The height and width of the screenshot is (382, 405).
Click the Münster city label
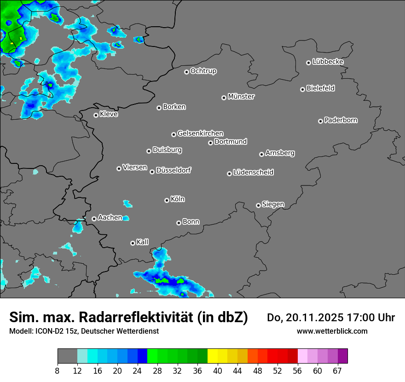point(241,97)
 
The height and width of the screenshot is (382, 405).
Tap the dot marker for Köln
point(167,200)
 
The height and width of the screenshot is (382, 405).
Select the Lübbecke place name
point(328,62)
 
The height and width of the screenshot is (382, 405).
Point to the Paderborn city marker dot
point(320,121)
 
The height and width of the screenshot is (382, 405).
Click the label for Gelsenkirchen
point(200,133)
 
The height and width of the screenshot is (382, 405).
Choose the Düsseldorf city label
point(174,170)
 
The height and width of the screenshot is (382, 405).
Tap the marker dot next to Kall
point(133,243)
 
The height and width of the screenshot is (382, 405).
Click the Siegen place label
point(273,204)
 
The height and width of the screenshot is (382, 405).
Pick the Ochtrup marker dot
point(186,71)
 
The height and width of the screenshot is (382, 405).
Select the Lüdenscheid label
point(253,173)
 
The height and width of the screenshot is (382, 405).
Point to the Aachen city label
point(110,218)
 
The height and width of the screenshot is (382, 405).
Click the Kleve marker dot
point(96,115)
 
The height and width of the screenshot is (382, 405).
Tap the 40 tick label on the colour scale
point(218,371)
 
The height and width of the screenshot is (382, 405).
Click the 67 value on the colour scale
point(337,371)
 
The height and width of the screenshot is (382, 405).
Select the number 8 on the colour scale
point(58,371)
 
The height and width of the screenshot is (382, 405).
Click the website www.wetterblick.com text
point(332,331)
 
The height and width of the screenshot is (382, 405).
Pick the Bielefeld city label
point(320,88)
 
